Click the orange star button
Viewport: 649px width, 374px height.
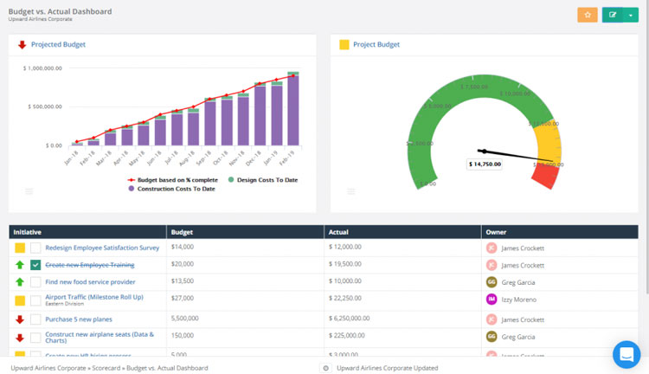click(588, 15)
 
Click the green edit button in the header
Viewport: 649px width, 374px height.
click(614, 15)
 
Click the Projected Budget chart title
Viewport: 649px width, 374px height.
click(58, 44)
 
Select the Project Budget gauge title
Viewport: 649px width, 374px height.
click(376, 44)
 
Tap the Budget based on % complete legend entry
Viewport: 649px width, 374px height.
click(173, 179)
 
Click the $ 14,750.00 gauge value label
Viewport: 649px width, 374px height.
click(484, 163)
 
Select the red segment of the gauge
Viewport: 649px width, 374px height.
click(544, 176)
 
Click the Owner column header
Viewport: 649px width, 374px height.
click(497, 232)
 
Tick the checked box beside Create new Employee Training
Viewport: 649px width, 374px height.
click(35, 265)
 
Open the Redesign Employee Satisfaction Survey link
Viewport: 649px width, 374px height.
click(102, 248)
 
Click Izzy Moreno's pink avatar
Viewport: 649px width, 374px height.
click(492, 300)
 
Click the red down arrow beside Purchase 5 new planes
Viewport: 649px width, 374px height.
click(19, 319)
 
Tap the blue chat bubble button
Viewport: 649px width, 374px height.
click(626, 354)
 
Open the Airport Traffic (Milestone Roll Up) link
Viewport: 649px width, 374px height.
click(93, 297)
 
